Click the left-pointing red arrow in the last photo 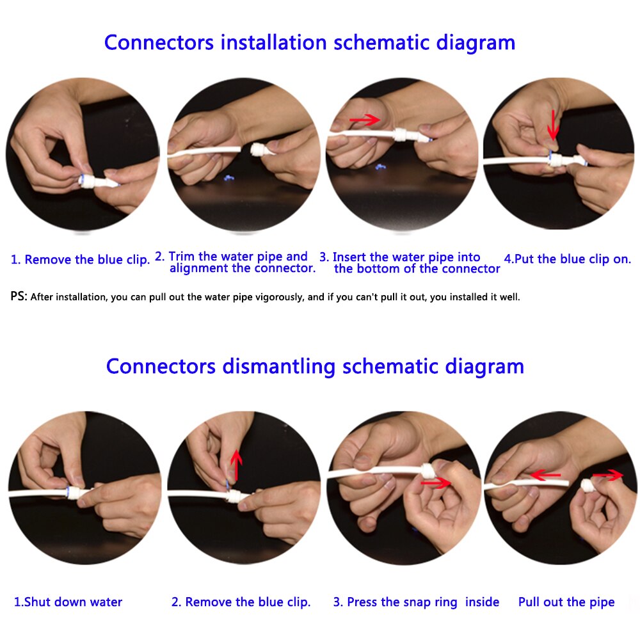[546, 475]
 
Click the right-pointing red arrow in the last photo [607, 475]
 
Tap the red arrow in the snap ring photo [435, 484]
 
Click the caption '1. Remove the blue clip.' [81, 260]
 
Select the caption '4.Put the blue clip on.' [567, 259]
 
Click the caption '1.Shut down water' [68, 602]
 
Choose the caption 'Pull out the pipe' [566, 602]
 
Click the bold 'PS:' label [19, 297]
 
